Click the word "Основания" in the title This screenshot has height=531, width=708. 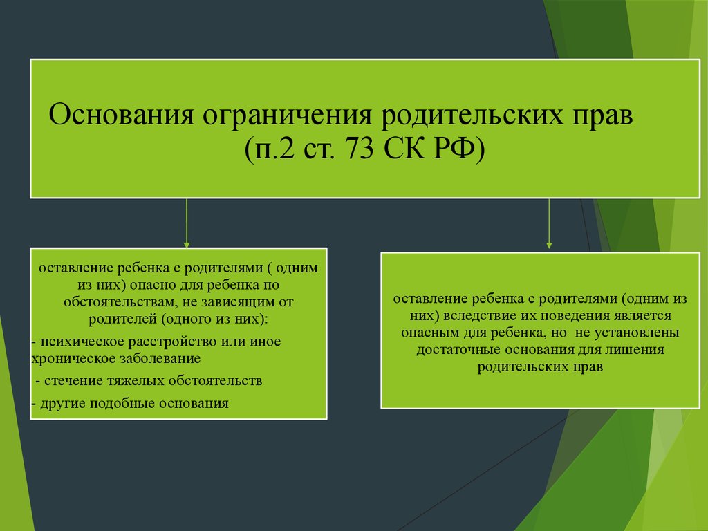pos(121,115)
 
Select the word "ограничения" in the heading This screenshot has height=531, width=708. pos(287,115)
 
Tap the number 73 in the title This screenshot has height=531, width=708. pos(360,148)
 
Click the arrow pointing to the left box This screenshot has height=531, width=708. pos(187,223)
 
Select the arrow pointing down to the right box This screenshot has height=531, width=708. pos(549,223)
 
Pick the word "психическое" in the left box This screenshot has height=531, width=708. pos(83,342)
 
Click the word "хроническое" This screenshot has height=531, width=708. pos(73,359)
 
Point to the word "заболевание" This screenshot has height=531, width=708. pos(160,359)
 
